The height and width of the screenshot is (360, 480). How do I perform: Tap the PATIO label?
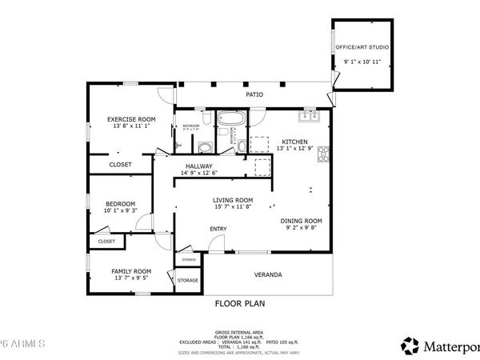click(254, 94)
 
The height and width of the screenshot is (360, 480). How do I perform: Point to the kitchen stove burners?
click(322, 153)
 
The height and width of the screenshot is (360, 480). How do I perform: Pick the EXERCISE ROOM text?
click(131, 118)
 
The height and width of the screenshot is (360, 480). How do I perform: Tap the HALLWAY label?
click(198, 166)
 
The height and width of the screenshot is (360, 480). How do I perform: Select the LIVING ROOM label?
click(233, 200)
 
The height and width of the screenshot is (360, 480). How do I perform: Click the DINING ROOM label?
click(301, 220)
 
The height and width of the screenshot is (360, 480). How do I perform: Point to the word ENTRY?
click(218, 230)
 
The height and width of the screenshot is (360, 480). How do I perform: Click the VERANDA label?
click(268, 274)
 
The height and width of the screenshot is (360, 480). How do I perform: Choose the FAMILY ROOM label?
click(131, 271)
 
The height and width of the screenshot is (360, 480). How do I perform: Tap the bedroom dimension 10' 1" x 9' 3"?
click(121, 210)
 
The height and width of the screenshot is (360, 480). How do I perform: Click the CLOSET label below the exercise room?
click(120, 165)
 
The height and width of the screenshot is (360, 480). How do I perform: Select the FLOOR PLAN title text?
click(240, 303)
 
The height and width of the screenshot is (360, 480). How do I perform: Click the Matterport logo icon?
click(410, 345)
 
